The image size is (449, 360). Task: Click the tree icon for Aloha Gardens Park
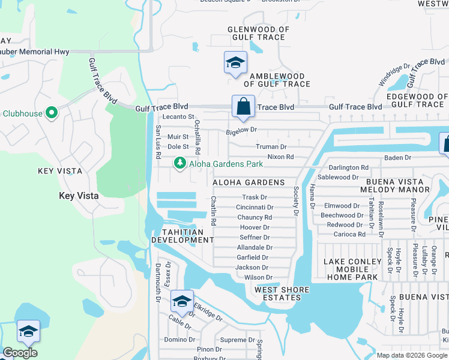tap(179, 163)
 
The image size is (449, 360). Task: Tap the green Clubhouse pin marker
tap(52, 112)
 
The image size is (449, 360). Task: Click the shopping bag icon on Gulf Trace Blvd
tap(244, 107)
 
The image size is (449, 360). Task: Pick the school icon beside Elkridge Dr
tap(181, 301)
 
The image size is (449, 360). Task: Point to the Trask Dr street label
tap(255, 197)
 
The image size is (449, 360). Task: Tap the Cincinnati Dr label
tap(255, 208)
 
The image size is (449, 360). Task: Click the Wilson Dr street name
tap(259, 278)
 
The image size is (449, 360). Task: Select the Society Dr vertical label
tap(296, 200)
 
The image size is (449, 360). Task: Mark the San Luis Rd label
tap(158, 142)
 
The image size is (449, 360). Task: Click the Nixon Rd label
tap(280, 157)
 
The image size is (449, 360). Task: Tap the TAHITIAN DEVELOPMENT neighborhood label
tap(182, 236)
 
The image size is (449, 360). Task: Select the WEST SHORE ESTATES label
tap(282, 294)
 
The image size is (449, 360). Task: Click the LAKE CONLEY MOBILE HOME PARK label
tap(352, 269)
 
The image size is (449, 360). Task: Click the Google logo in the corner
tap(20, 353)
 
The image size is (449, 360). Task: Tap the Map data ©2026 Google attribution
tap(412, 355)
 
